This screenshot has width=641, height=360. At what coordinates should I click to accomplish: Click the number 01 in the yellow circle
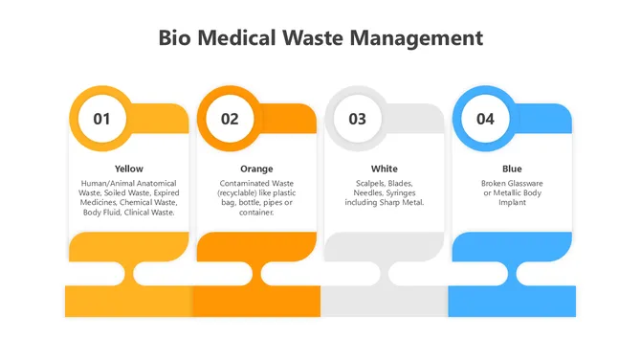tap(101, 120)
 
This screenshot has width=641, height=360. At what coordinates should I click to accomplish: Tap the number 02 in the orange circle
tap(230, 120)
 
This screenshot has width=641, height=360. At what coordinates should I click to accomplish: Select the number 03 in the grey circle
tap(357, 120)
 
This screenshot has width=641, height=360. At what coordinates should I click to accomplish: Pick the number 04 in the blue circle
tap(485, 120)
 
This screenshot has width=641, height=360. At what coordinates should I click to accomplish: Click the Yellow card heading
tap(128, 169)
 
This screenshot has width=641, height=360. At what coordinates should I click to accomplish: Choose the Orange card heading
tap(255, 169)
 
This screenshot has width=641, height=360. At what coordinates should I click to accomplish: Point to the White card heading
tap(384, 169)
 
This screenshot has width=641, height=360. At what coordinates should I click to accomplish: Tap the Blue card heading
tap(512, 169)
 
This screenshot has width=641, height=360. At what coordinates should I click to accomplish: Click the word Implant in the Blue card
tap(512, 202)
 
